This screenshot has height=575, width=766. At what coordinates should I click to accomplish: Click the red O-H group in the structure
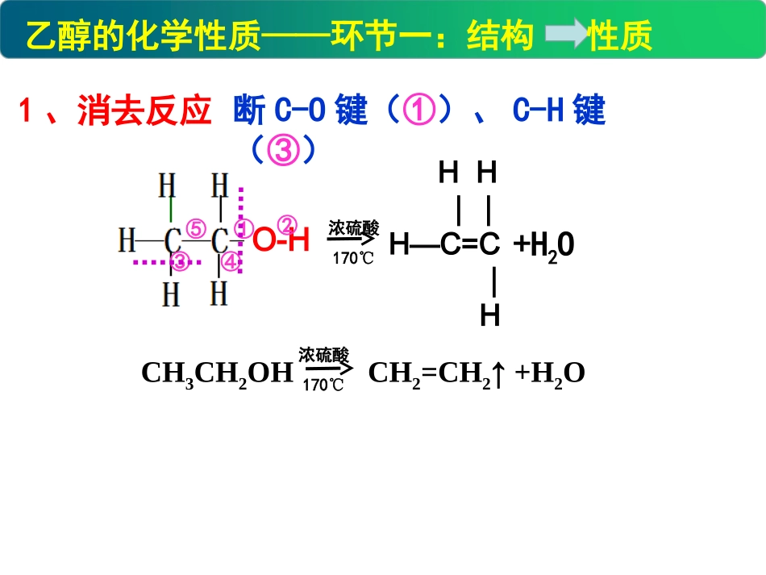click(x=281, y=240)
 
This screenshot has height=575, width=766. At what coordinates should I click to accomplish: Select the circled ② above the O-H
click(x=288, y=223)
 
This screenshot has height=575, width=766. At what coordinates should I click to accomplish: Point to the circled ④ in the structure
click(x=230, y=261)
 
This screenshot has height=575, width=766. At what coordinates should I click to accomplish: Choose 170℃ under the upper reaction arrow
click(x=353, y=259)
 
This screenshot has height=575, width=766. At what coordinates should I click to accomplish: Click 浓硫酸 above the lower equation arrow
click(x=324, y=355)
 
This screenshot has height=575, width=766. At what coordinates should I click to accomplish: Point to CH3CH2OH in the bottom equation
click(x=216, y=373)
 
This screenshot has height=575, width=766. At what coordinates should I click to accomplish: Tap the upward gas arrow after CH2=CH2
click(x=500, y=373)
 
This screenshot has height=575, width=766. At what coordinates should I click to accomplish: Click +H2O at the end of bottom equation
click(x=550, y=373)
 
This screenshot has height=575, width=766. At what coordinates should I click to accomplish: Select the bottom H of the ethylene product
click(x=489, y=315)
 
